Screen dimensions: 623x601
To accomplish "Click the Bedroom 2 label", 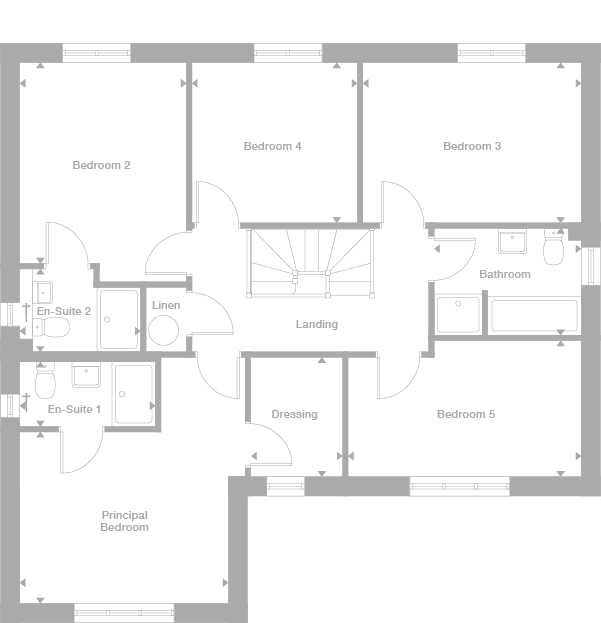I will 101,165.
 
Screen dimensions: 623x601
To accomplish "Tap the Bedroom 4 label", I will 272,146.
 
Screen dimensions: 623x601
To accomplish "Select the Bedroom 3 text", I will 472,146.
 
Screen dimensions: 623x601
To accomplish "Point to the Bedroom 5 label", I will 465,414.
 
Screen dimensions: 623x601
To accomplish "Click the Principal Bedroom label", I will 124,521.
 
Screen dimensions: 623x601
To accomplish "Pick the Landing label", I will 316,324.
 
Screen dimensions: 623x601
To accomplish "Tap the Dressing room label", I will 294,414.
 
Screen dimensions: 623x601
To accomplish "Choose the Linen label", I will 166,305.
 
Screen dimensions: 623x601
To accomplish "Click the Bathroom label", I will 504,274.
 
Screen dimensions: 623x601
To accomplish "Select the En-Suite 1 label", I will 74,409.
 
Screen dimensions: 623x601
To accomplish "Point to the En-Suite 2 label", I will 64,311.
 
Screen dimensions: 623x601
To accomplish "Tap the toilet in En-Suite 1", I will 44,382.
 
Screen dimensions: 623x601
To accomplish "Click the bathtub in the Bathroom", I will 532,315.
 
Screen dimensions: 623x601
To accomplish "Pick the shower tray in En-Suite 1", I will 133,393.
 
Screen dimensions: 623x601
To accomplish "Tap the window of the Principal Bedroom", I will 124,612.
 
